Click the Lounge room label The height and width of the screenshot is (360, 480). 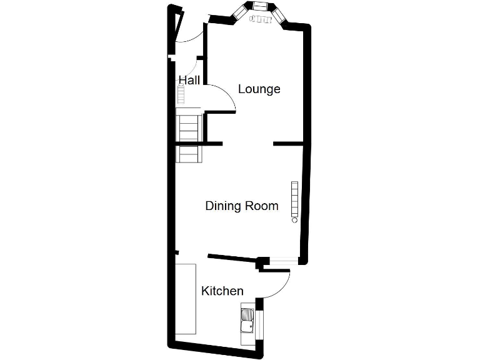tap(259, 89)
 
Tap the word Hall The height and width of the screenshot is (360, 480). tap(189, 80)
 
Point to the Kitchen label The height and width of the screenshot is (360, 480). tap(222, 291)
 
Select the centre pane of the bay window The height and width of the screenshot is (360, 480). tap(259, 7)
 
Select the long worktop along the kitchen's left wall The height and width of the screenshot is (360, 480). tap(186, 299)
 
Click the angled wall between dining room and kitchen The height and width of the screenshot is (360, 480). tap(231, 257)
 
